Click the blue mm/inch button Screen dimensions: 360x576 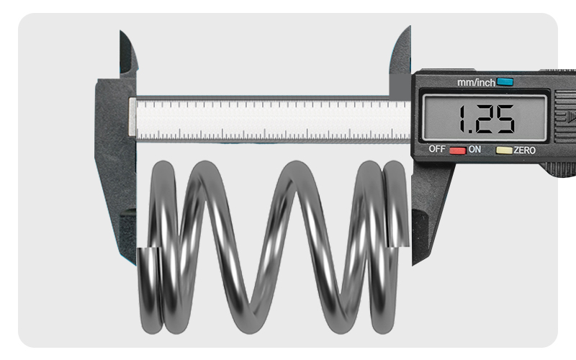(505, 82)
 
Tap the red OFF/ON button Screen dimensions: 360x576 (457, 150)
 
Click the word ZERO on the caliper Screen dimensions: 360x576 (524, 150)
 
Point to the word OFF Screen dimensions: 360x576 (437, 149)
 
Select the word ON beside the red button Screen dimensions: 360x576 (475, 150)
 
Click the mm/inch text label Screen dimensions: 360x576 (476, 83)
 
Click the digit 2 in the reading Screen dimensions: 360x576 (484, 119)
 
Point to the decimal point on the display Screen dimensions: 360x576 (472, 131)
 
